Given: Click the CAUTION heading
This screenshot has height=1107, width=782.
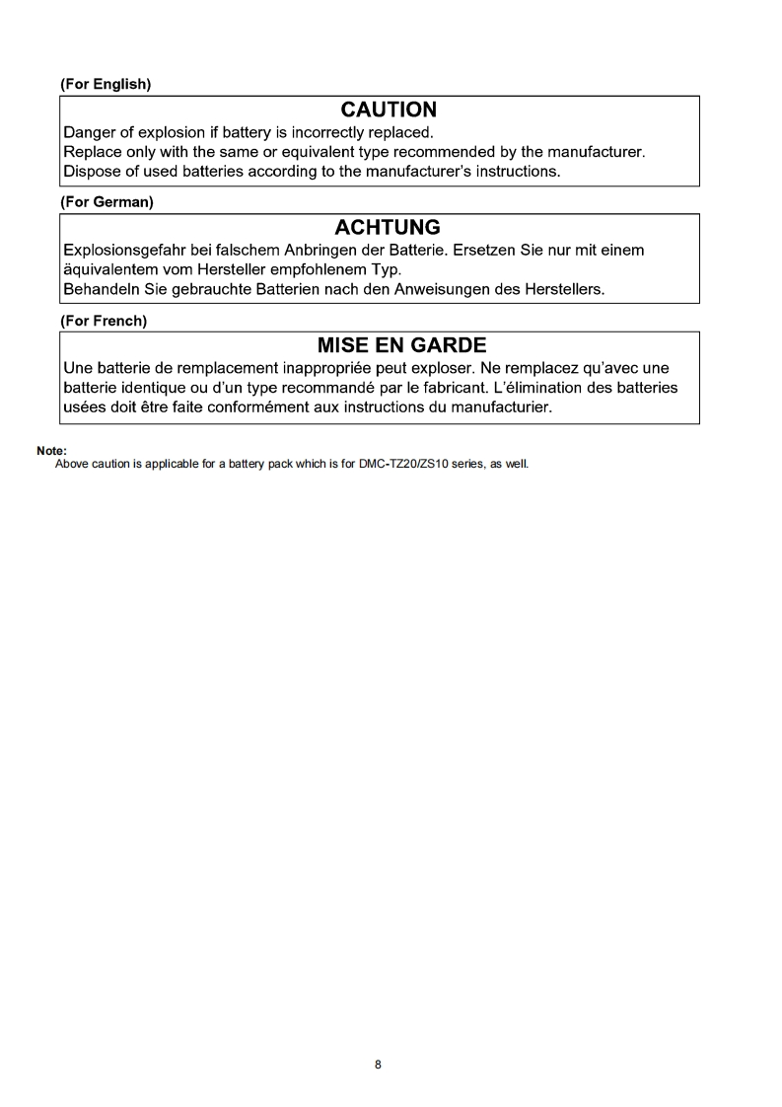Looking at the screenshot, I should pos(388,110).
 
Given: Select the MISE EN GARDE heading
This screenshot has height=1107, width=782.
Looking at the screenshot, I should pos(401,346).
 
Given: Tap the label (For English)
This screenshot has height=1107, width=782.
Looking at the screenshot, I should pos(106,84).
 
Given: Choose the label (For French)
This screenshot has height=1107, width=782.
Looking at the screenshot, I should pos(104,321).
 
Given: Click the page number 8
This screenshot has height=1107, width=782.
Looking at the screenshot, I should pos(379,1065).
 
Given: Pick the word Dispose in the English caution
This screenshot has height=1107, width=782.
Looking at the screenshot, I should pos(92,171).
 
